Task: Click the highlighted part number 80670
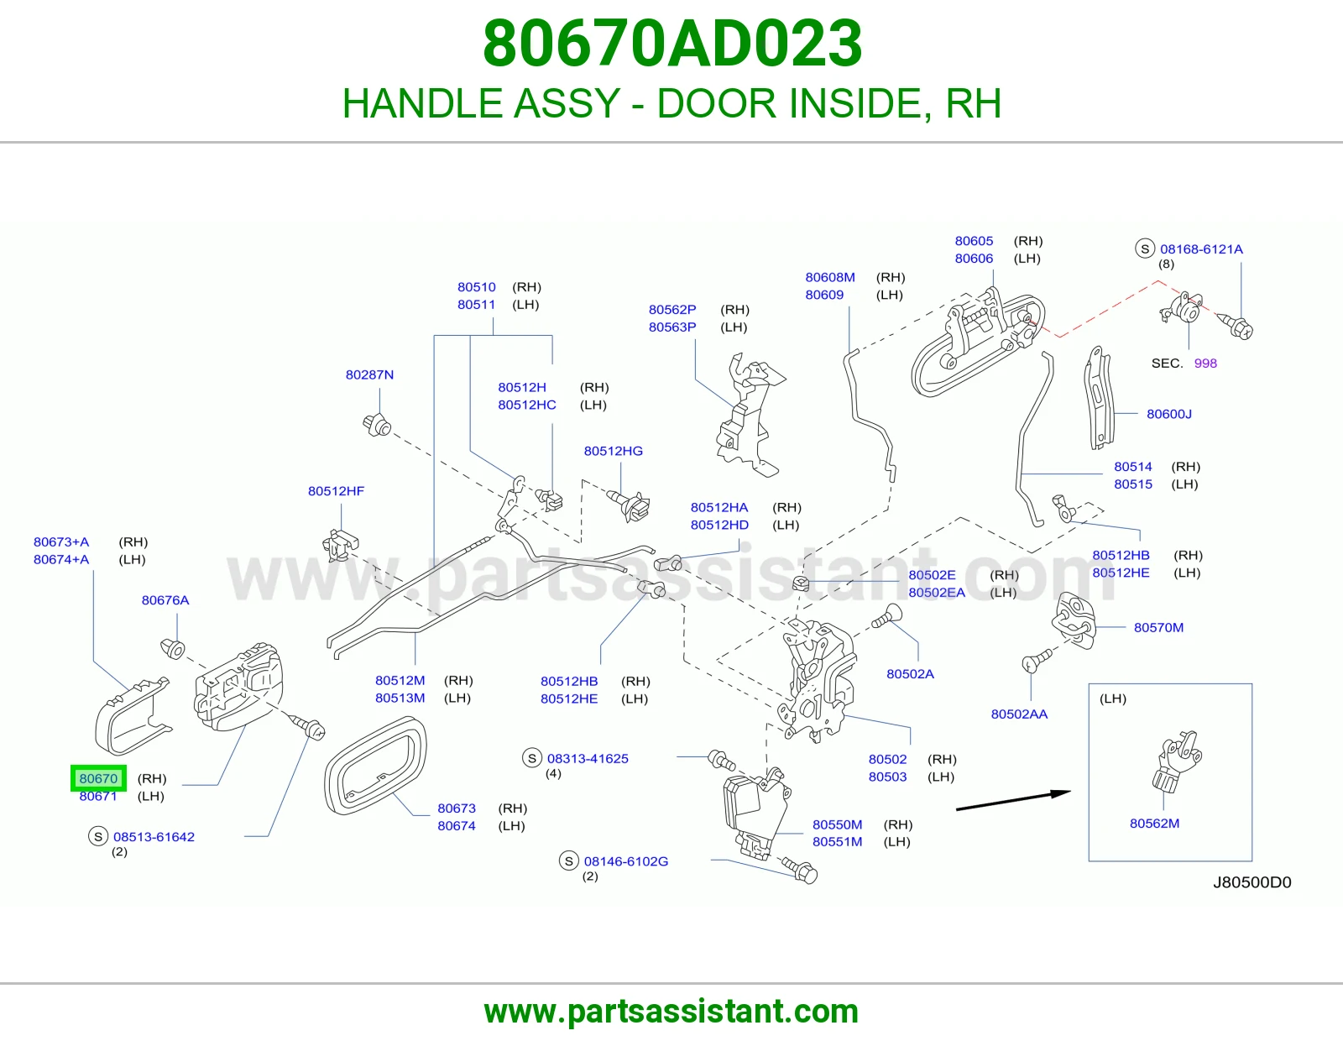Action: coord(98,778)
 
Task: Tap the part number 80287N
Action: coord(369,374)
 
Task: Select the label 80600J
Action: coord(1169,414)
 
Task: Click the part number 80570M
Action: coord(1159,627)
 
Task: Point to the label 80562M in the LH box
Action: coord(1154,824)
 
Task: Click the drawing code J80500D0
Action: coord(1252,882)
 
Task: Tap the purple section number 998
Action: coord(1205,364)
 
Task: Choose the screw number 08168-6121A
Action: coord(1201,249)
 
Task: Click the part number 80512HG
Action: coord(613,452)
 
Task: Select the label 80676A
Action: coord(165,600)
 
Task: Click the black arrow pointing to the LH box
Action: coord(1014,800)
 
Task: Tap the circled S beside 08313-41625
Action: coord(532,758)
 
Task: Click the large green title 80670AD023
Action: coord(671,44)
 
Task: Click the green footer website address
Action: coord(671,1012)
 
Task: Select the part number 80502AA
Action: coord(1019,714)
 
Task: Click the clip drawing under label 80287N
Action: coord(377,426)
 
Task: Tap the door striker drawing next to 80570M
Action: coord(1074,620)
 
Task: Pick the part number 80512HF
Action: coord(337,491)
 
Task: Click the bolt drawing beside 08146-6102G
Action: coord(801,870)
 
